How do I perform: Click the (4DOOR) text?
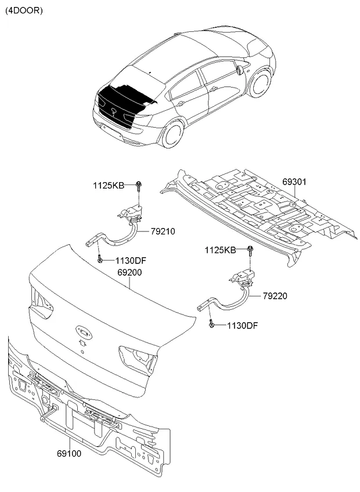(24, 10)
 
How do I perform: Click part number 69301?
(294, 182)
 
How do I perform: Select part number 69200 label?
(129, 272)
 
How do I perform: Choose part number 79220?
(275, 296)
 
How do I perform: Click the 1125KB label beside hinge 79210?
(109, 186)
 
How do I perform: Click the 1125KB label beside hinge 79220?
(219, 250)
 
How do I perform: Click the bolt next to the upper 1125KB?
(140, 186)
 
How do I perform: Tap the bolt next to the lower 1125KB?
(250, 250)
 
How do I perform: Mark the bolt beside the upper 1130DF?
(100, 259)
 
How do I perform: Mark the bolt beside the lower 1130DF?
(212, 324)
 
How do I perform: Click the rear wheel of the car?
(171, 135)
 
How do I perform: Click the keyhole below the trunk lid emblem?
(83, 344)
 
